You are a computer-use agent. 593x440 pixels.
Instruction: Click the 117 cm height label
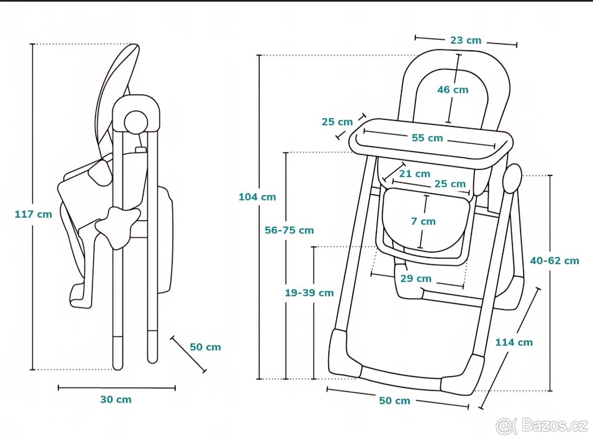point(33,214)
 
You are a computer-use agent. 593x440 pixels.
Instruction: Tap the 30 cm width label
point(116,400)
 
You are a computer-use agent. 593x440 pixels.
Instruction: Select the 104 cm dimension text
point(257,197)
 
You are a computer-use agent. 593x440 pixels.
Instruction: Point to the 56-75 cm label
point(289,230)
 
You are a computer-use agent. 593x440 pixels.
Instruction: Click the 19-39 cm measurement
point(309,293)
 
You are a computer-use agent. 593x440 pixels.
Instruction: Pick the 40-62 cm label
point(554,260)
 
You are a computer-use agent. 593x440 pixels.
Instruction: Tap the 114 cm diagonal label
point(514,342)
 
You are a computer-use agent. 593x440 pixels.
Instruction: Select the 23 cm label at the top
point(466,40)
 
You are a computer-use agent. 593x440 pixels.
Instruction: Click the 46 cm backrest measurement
point(453,90)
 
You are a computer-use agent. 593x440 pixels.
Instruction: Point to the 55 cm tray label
point(428,138)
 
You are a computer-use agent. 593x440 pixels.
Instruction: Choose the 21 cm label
point(415,174)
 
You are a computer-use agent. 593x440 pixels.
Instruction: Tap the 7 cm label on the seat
point(424,221)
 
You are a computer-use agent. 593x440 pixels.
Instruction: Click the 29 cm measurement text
point(416,279)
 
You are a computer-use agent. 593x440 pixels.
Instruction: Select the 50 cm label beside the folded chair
point(206,347)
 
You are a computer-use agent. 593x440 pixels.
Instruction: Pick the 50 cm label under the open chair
point(395,401)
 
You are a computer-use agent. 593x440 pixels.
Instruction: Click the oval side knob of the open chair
point(512,178)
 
